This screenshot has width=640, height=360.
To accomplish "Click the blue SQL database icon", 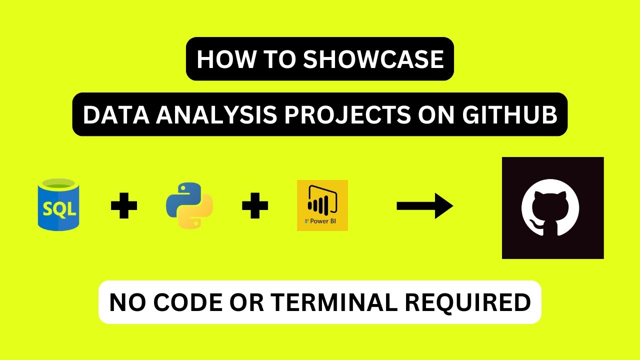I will (x=58, y=206).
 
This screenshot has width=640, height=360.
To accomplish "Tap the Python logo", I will (x=189, y=206).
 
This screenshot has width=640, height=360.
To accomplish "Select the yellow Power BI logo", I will (x=322, y=205).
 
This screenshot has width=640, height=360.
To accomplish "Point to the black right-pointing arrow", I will (x=424, y=206).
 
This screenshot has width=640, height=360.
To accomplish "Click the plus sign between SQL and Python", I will (x=124, y=206).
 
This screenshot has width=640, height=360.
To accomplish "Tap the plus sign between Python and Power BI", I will (x=255, y=206).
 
